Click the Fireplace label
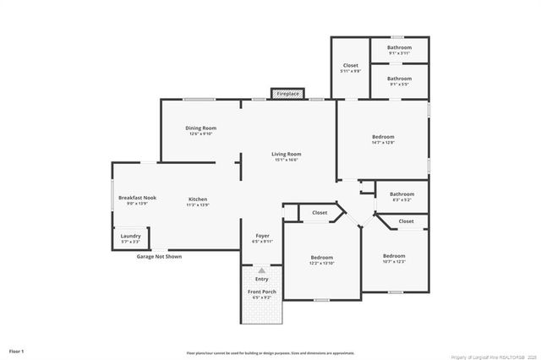pos(287,94)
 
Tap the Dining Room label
pos(201,128)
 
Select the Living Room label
pos(287,154)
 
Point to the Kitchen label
pos(198,199)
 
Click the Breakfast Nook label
pos(137,198)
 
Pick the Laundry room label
pos(130,236)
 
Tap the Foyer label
pos(262,236)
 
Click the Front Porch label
pos(262,292)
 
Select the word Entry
pos(262,279)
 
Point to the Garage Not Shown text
pos(159,256)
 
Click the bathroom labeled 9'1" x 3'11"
pos(400,47)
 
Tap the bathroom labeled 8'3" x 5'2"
pos(402,194)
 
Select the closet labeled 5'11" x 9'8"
pos(351,66)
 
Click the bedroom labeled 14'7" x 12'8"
pos(383,137)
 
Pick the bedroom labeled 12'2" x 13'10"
pos(322,258)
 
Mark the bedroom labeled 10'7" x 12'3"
pos(394,256)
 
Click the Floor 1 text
pos(17,350)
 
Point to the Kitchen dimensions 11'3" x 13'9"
pos(198,205)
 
